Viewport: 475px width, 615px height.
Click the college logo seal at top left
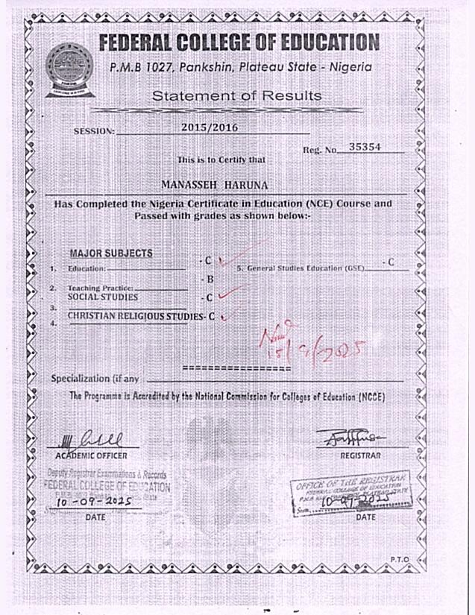(x=69, y=68)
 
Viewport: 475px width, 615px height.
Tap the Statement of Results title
(x=236, y=96)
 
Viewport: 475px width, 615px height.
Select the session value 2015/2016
(x=210, y=127)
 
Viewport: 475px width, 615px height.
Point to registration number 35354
(x=365, y=148)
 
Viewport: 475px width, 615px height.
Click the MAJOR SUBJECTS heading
(x=110, y=253)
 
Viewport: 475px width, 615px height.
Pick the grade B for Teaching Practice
(x=210, y=280)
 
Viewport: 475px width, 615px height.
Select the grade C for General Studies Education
(x=390, y=262)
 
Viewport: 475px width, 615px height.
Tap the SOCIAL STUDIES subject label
(x=103, y=297)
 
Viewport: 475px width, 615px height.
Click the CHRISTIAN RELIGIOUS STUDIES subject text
(x=136, y=316)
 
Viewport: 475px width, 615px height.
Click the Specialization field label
(x=94, y=379)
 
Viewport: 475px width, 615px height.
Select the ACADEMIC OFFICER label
(x=92, y=455)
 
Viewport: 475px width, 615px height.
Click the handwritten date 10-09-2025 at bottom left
(x=94, y=501)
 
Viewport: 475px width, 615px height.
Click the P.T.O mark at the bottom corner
(x=400, y=559)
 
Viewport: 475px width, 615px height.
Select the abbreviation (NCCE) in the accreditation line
(x=371, y=397)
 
